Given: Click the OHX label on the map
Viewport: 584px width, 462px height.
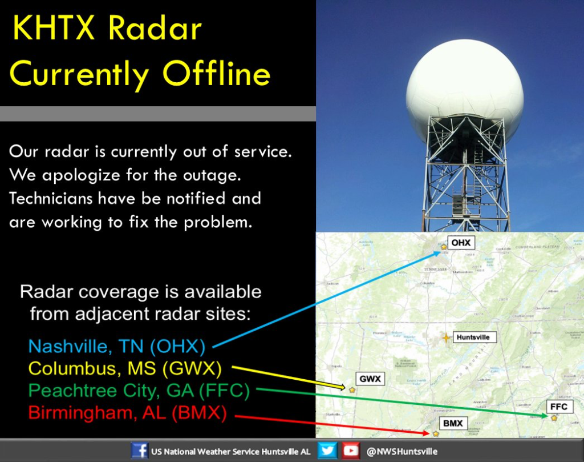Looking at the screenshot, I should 461,243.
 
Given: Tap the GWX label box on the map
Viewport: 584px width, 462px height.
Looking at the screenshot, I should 370,379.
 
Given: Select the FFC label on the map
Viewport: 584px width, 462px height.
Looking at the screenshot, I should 558,407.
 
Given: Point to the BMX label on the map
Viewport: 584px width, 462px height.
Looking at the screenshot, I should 453,423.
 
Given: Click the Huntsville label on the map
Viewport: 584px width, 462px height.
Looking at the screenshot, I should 473,337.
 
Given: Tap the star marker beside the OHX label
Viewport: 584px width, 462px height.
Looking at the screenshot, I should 444,247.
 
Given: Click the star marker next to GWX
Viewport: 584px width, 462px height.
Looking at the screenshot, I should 352,390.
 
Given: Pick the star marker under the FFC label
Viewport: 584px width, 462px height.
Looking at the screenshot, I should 554,418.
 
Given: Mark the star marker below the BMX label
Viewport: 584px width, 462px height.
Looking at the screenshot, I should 436,434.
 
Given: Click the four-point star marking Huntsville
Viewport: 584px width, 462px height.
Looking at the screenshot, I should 446,338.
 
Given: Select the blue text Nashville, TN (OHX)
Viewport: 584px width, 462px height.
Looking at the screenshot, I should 116,346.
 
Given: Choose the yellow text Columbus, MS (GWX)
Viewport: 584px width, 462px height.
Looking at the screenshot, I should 125,368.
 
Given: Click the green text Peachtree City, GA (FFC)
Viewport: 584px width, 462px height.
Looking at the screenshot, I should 139,391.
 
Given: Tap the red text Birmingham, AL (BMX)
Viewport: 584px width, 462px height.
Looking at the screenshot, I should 128,412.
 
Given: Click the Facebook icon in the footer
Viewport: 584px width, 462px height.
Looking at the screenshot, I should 139,451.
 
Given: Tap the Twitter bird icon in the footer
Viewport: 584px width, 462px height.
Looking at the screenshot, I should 326,451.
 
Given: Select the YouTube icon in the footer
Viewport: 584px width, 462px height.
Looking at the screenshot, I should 351,451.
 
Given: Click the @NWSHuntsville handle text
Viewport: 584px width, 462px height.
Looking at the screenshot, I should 403,451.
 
